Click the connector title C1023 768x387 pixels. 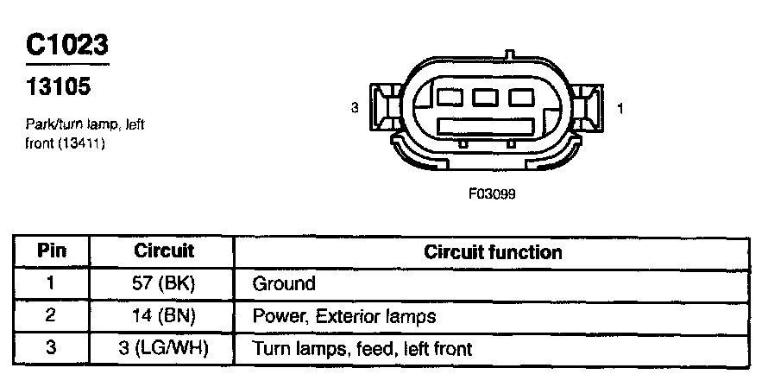tap(67, 44)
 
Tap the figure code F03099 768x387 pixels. tap(492, 193)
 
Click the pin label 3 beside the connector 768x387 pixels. tap(355, 108)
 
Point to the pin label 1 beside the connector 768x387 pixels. tap(622, 108)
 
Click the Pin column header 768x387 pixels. tap(50, 252)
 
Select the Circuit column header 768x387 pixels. tap(164, 251)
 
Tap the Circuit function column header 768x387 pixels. tap(493, 252)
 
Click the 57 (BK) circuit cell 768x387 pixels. tap(164, 284)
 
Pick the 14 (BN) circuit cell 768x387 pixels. tap(164, 317)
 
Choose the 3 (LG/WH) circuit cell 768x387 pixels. tap(164, 350)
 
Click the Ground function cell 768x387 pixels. tap(284, 284)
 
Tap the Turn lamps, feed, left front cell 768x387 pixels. tap(362, 350)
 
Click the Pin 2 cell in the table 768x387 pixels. tap(50, 317)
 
